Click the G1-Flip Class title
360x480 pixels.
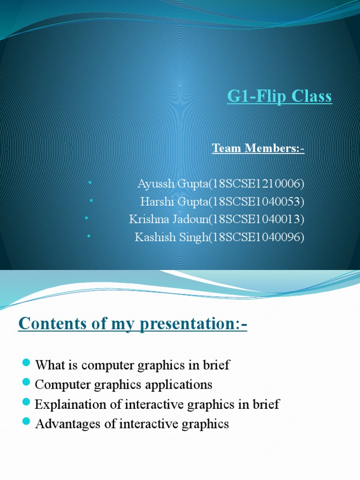(279, 97)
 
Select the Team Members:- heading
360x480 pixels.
(258, 149)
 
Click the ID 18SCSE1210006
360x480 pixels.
(256, 183)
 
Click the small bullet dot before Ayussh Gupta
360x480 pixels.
(90, 182)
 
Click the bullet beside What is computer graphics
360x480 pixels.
(27, 364)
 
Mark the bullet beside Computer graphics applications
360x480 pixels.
(27, 384)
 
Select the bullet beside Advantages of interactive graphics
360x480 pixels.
(27, 424)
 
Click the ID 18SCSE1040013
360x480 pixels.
(256, 219)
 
